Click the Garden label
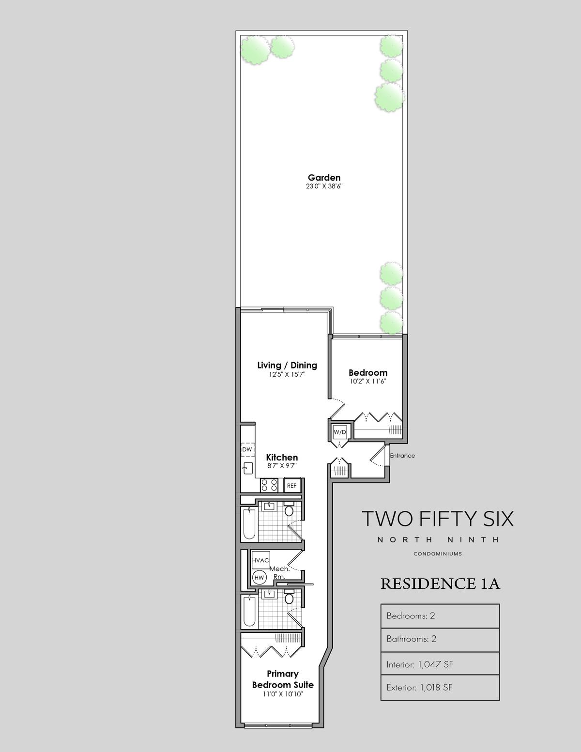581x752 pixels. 324,178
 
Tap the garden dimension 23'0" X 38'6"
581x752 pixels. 324,186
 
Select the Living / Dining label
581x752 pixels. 287,366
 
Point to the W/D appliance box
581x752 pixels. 339,432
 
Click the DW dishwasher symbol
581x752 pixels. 247,449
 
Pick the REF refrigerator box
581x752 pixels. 292,486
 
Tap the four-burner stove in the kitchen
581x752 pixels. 269,485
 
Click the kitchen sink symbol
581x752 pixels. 248,469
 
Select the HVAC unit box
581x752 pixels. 260,560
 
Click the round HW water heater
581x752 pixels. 259,578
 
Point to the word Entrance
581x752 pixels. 402,456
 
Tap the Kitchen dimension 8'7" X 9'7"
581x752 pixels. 282,466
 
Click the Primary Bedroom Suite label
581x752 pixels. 283,679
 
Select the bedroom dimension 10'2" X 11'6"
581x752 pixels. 368,382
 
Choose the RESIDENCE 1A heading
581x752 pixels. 440,584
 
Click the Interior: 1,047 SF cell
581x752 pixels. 440,664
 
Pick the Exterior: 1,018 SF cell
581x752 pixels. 440,687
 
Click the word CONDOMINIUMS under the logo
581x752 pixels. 438,553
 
